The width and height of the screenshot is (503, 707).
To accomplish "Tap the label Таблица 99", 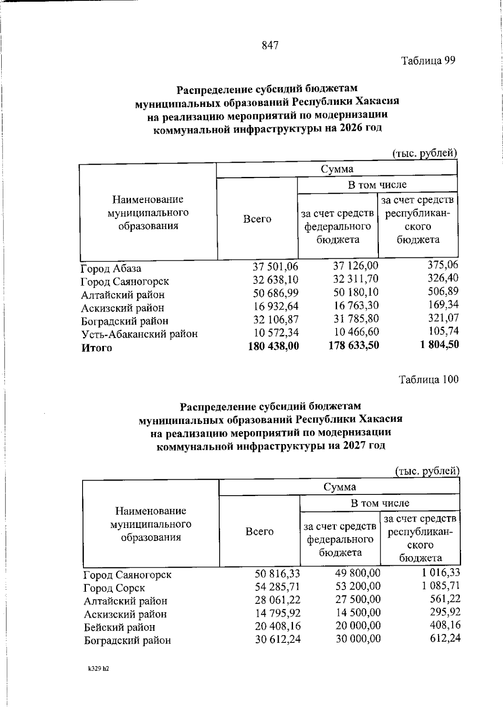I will (x=428, y=61).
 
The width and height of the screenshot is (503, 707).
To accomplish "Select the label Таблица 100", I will (x=429, y=380).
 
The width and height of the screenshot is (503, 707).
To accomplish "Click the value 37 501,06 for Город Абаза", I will (x=275, y=266).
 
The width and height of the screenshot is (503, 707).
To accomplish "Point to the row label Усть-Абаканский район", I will (x=139, y=334).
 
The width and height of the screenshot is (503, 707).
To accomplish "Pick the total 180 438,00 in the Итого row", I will (x=274, y=346).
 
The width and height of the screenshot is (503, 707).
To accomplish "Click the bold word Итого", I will (x=97, y=348).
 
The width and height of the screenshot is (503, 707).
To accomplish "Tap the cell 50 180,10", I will (x=356, y=292).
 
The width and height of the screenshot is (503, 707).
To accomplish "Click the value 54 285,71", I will (x=277, y=586).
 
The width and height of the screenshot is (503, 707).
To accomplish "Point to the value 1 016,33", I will (x=441, y=572).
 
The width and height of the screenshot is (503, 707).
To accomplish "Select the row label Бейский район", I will (x=119, y=628).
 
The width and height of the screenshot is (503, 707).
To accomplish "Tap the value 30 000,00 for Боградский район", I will (x=358, y=639).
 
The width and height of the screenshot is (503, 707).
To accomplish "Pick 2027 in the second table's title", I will (x=350, y=446).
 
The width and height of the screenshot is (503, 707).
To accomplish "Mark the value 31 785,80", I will (x=356, y=319).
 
